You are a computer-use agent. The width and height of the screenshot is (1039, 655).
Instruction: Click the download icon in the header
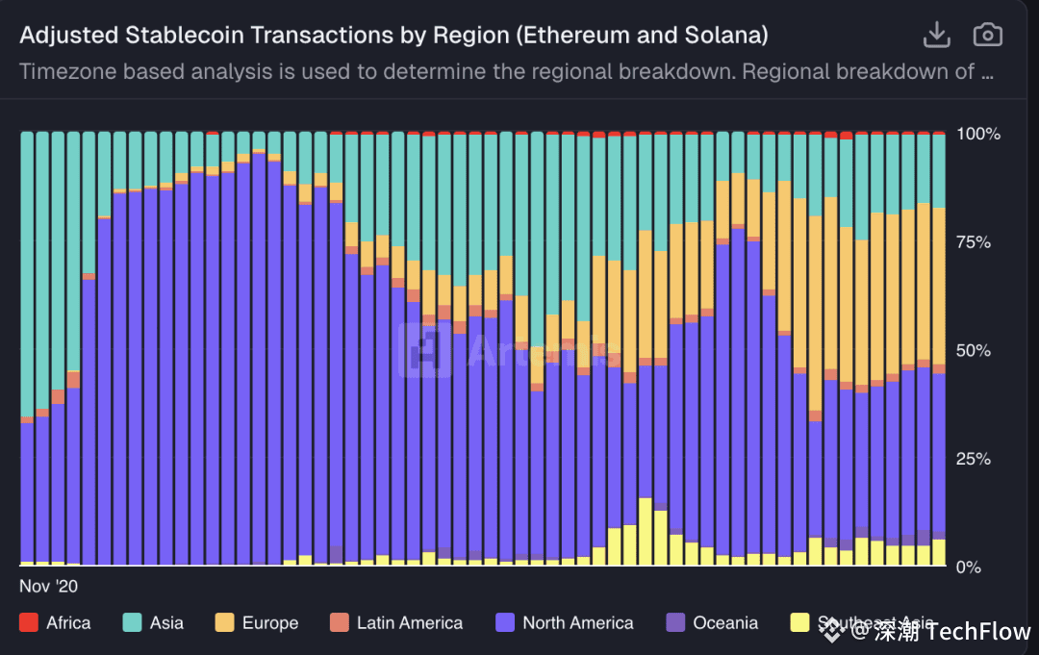click(x=936, y=36)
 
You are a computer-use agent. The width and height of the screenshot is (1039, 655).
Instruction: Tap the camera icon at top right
click(x=987, y=36)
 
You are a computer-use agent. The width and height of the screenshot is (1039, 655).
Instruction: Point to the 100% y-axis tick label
click(x=978, y=134)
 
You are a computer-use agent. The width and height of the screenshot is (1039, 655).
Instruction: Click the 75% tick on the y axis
click(x=974, y=242)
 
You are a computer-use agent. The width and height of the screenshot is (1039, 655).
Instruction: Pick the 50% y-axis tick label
click(x=974, y=350)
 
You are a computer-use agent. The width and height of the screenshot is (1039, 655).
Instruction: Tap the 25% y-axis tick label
click(x=974, y=459)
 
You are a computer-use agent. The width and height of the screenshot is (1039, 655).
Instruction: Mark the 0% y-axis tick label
click(x=970, y=567)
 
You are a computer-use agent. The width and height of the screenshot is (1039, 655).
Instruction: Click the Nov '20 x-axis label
click(x=48, y=585)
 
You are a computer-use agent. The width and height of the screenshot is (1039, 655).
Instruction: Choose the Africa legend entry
click(x=67, y=623)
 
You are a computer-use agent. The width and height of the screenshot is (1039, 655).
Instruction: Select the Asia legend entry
click(x=166, y=623)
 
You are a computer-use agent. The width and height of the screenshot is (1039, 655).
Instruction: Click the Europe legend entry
click(x=269, y=623)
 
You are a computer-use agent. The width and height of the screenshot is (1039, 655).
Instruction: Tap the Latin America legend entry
click(x=409, y=623)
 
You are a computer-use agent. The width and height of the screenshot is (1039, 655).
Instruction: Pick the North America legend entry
click(x=577, y=623)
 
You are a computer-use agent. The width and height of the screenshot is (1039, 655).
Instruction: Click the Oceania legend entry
click(x=725, y=623)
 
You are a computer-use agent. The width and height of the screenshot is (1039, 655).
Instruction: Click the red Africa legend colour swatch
click(x=29, y=623)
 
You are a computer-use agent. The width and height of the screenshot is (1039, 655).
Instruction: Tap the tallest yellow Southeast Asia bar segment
click(x=646, y=532)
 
